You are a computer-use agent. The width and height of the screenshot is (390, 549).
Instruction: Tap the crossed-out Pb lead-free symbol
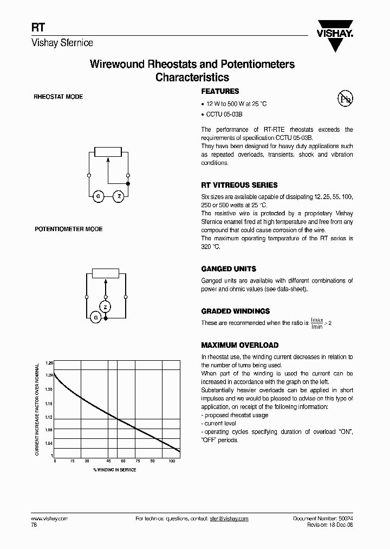tap(344, 98)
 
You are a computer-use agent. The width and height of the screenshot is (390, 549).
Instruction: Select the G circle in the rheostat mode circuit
tap(99, 196)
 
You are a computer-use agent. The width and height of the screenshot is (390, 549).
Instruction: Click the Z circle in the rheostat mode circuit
tap(119, 196)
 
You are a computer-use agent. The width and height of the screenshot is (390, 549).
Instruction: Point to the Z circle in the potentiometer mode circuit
tap(106, 307)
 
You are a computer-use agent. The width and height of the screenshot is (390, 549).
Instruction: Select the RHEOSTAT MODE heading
tap(58, 97)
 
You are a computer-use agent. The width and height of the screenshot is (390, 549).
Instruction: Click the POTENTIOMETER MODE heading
tap(69, 229)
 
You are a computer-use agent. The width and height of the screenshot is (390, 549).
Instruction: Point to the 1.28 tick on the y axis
tap(49, 363)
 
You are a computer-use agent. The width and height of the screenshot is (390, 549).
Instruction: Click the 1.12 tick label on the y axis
tap(49, 417)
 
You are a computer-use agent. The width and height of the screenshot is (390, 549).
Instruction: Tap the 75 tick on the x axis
tap(138, 461)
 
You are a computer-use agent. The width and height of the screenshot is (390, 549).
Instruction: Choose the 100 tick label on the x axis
tap(172, 461)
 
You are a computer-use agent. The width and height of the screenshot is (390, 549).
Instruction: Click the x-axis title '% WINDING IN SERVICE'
tap(114, 470)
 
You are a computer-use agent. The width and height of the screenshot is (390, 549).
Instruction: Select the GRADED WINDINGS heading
tap(235, 311)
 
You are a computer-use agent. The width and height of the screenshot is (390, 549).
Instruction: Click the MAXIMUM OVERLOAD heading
tap(239, 345)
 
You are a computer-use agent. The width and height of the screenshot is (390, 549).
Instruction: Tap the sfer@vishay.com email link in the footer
tap(229, 519)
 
